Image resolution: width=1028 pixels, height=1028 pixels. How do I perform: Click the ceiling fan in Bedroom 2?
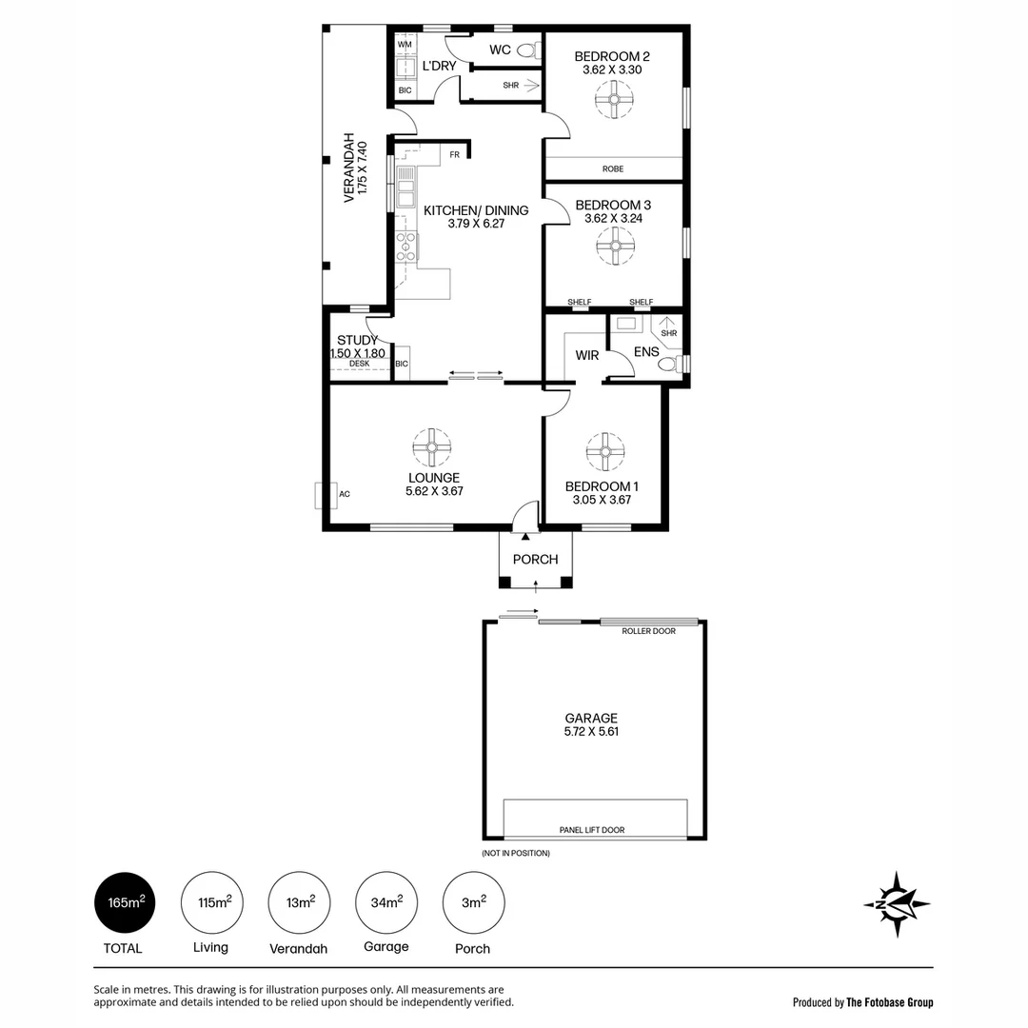pos(615,99)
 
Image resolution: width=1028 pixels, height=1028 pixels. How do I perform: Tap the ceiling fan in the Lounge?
pos(432,447)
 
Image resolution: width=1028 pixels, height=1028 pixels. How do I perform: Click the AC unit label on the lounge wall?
pos(345,494)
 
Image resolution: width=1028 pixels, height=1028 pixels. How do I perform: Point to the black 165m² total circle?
pos(124,902)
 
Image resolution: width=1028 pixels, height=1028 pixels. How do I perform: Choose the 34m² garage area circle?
pos(385,902)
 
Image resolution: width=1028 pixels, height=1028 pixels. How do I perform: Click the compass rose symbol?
pos(897,903)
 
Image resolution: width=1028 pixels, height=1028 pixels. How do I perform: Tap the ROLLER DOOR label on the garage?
pos(649,631)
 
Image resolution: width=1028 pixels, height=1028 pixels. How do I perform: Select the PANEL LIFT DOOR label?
pos(592,830)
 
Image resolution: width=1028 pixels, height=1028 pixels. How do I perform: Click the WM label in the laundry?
pos(405,45)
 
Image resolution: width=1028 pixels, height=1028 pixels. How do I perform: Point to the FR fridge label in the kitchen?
pos(455,154)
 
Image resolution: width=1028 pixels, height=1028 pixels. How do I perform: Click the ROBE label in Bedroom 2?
pos(613,169)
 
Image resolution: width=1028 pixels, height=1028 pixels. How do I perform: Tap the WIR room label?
pos(586,356)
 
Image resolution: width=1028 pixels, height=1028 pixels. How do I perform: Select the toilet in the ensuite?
pos(669,364)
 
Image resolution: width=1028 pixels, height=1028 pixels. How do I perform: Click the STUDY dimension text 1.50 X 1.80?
pos(358,353)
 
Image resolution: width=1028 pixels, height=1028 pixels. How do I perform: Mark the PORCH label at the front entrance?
pos(535,560)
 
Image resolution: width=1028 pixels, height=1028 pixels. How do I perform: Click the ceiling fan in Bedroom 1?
pos(604,451)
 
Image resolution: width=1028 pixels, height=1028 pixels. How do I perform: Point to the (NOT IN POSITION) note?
pos(516,853)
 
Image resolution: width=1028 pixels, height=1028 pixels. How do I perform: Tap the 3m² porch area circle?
pos(474,902)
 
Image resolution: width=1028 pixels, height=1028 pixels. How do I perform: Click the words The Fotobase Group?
pos(889,1002)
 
